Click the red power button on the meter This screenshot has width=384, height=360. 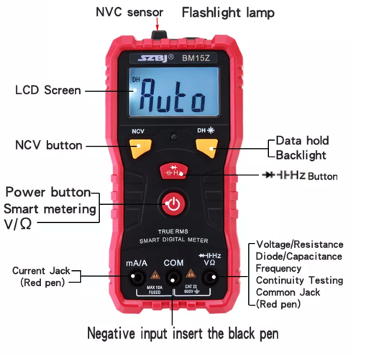point(173,205)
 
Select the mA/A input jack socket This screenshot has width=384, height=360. point(136,277)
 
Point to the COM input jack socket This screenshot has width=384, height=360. point(173,277)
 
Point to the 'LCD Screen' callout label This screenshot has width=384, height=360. point(47,91)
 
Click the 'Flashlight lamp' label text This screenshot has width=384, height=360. point(227,12)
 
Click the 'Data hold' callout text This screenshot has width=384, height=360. point(303,142)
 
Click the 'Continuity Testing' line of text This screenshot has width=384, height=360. point(298,280)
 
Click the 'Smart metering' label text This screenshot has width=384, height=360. point(49,208)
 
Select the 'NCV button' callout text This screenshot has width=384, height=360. point(49,145)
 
